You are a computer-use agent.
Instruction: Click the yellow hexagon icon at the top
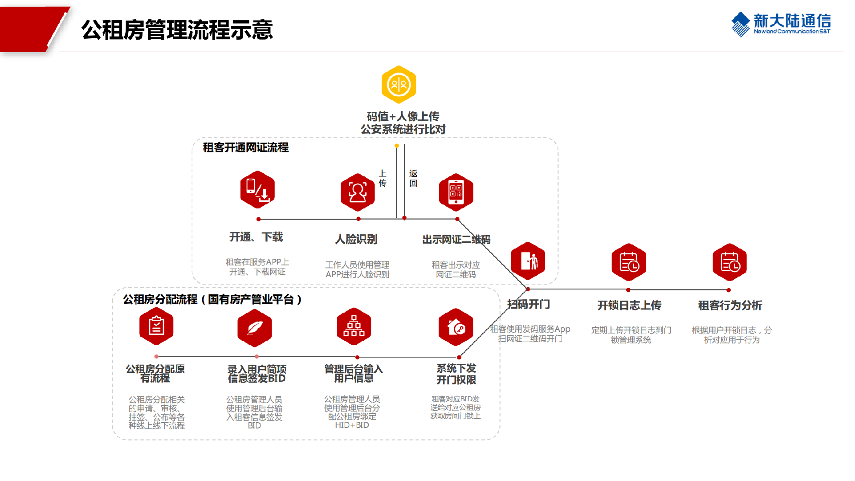tap(399, 84)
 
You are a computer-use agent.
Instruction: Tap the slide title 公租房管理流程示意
tap(177, 30)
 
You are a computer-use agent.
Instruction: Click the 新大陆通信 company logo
tap(781, 24)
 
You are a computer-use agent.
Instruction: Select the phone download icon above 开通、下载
tap(257, 190)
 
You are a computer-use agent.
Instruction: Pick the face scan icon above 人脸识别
tap(358, 192)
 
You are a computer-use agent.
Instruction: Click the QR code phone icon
tap(456, 192)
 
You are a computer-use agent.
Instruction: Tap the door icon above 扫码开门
tap(528, 261)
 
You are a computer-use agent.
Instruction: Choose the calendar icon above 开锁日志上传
tap(628, 262)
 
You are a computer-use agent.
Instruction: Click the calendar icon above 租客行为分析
tap(729, 262)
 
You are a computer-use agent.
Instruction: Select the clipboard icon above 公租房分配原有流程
tap(156, 326)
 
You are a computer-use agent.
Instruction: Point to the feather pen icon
tap(254, 328)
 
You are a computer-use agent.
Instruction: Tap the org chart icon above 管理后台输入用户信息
tap(354, 326)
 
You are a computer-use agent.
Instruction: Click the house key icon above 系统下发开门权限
tap(456, 327)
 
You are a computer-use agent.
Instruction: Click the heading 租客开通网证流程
tap(246, 147)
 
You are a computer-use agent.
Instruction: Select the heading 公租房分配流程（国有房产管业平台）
tap(212, 299)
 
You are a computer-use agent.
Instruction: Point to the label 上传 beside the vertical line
tap(383, 178)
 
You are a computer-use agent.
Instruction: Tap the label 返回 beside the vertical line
tap(413, 178)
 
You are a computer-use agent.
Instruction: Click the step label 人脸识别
tap(356, 239)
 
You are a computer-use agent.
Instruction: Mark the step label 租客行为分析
tap(730, 305)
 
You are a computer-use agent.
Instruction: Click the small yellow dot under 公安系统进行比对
tap(396, 146)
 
